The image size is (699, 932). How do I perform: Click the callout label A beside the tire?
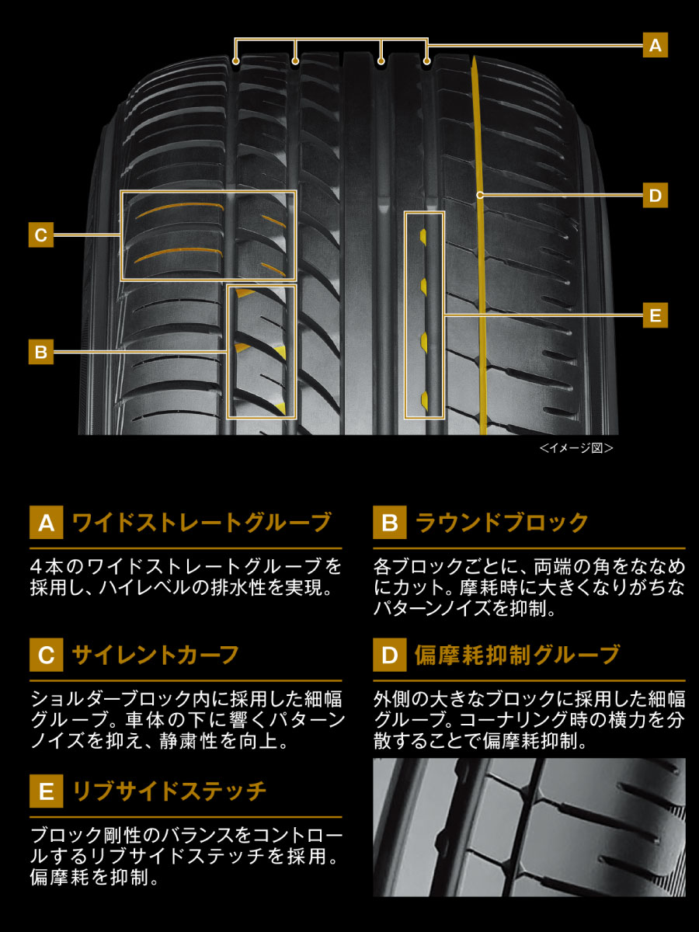click(x=655, y=46)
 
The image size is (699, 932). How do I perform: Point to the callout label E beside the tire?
click(x=655, y=315)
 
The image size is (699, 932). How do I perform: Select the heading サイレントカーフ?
click(x=155, y=655)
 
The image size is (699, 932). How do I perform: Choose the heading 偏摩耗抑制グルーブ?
click(x=517, y=655)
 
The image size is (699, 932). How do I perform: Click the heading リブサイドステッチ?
click(x=169, y=791)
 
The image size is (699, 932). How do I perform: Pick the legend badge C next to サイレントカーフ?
click(x=46, y=656)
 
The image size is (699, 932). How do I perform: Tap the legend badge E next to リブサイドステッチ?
click(x=46, y=792)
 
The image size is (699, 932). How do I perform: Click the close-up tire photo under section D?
click(x=529, y=828)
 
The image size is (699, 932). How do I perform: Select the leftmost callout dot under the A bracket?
click(x=235, y=60)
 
